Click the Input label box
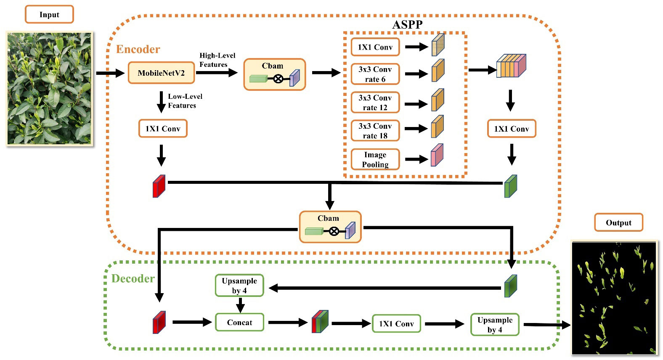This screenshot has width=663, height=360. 49,14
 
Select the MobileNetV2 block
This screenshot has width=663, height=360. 161,73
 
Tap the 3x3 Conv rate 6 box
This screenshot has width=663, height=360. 375,74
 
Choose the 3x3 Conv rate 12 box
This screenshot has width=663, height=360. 375,102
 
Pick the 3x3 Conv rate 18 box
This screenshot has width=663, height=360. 375,130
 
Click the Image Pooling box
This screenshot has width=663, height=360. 375,159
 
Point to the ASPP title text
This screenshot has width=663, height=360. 407,24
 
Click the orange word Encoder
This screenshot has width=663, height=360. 138,49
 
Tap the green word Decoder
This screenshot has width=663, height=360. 133,278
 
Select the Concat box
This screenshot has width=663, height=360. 239,322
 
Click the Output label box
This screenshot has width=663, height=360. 618,222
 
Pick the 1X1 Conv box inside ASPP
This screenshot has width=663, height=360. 375,47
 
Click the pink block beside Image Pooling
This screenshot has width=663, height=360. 437,155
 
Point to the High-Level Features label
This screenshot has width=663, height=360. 217,60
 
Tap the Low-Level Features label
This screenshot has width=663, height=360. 185,101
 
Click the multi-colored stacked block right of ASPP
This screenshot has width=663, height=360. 511,66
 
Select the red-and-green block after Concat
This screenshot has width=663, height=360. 320,322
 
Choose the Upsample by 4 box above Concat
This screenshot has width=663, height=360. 239,286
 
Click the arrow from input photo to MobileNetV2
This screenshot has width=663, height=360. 110,73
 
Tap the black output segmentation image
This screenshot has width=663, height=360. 615,298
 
